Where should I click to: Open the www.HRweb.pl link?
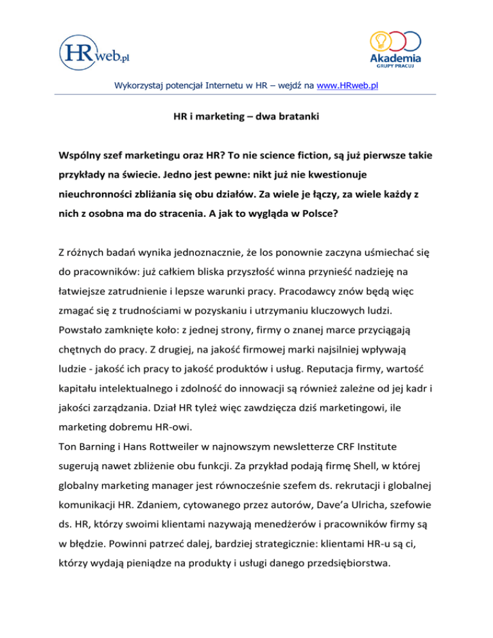point(343,83)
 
